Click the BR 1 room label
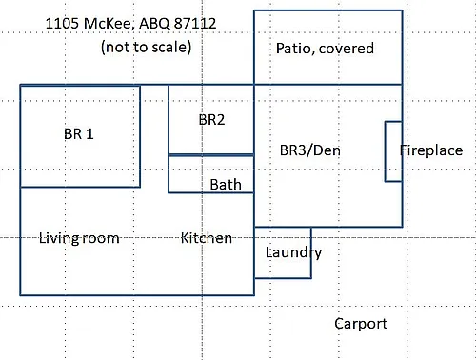pyautogui.click(x=79, y=134)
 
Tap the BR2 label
pyautogui.click(x=211, y=120)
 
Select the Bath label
pyautogui.click(x=226, y=185)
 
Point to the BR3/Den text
pyautogui.click(x=310, y=150)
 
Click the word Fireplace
pyautogui.click(x=431, y=150)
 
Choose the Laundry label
pyautogui.click(x=293, y=252)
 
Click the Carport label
pyautogui.click(x=361, y=324)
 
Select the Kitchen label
pyautogui.click(x=207, y=238)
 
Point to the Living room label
pyautogui.click(x=79, y=238)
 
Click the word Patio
pyautogui.click(x=295, y=49)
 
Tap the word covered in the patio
pyautogui.click(x=347, y=49)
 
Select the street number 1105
pyautogui.click(x=62, y=24)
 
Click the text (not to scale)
pyautogui.click(x=147, y=48)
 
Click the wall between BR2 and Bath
pyautogui.click(x=211, y=155)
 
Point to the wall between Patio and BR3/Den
pyautogui.click(x=328, y=85)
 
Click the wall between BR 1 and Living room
pyautogui.click(x=80, y=187)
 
